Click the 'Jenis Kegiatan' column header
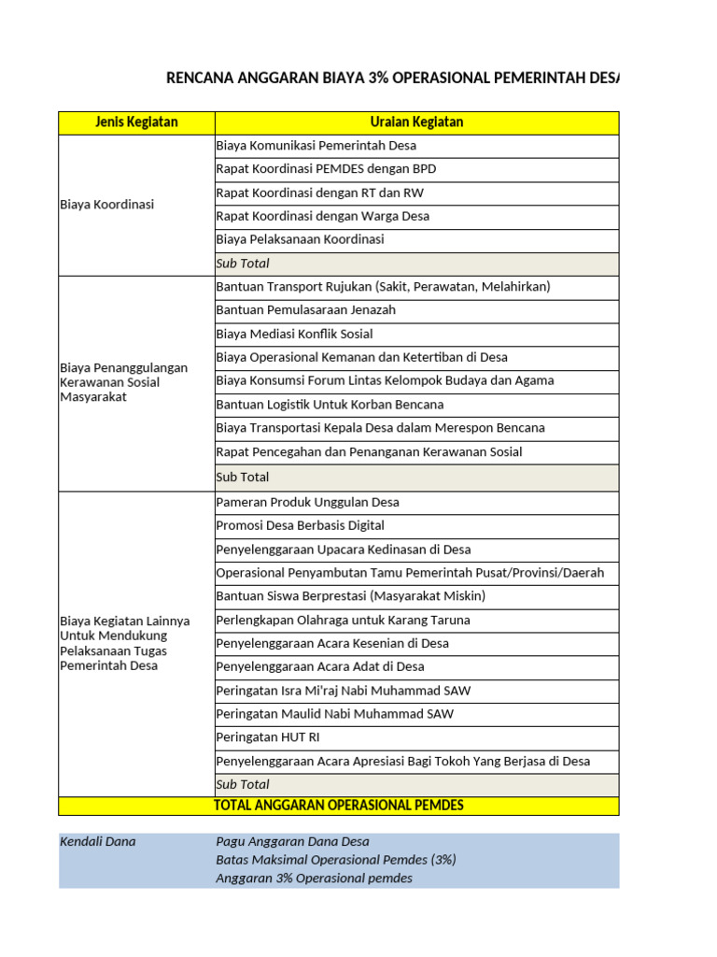(x=136, y=122)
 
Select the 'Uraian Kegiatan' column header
(x=416, y=122)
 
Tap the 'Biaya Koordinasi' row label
(x=107, y=205)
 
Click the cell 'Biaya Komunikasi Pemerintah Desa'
(x=316, y=146)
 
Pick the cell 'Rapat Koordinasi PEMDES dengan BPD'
(x=326, y=169)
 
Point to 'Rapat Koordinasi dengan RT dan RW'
(x=320, y=193)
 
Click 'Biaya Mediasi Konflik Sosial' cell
(x=294, y=334)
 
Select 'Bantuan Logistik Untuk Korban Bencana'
(x=330, y=405)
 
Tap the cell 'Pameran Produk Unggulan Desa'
(x=307, y=502)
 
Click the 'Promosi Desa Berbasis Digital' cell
(x=300, y=525)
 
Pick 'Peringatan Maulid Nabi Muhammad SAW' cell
(x=334, y=714)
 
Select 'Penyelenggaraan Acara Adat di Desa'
(x=319, y=666)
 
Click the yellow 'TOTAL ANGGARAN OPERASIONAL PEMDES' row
(x=338, y=806)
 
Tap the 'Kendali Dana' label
(x=97, y=841)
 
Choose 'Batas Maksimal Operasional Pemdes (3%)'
(x=335, y=860)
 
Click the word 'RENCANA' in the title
(x=199, y=78)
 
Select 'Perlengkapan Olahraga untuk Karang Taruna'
(x=343, y=620)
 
